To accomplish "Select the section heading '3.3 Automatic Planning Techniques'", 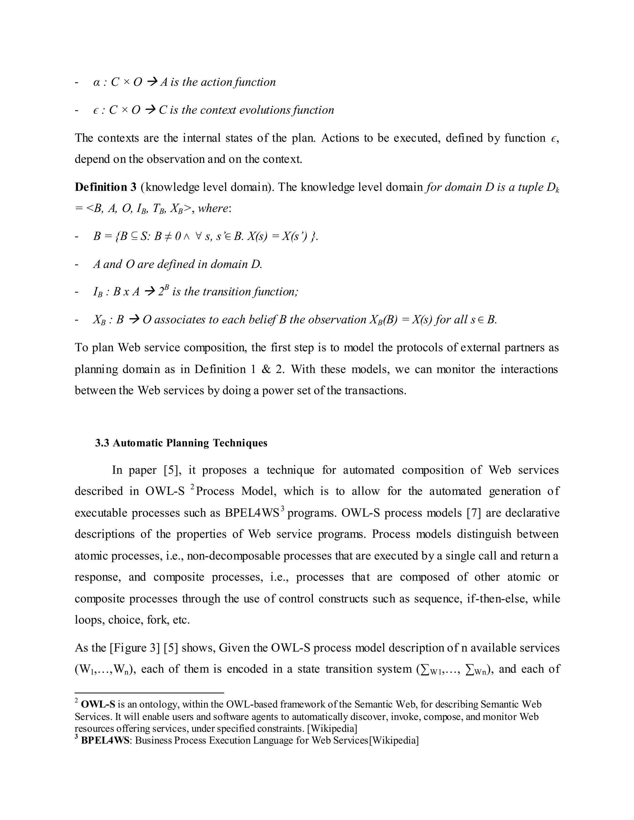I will (x=181, y=443).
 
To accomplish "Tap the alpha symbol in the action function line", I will (x=96, y=82).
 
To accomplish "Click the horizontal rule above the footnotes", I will (x=149, y=693).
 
